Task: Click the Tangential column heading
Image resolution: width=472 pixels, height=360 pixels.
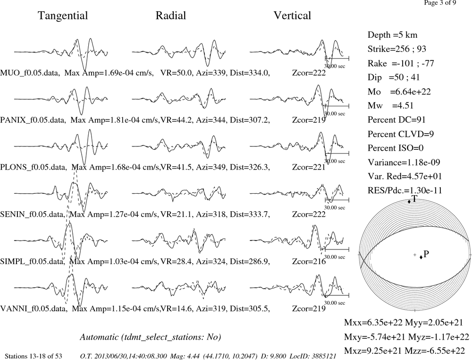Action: click(63, 16)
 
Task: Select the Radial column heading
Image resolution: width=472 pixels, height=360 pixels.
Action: click(171, 16)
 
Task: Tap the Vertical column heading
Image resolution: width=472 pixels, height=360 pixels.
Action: click(292, 16)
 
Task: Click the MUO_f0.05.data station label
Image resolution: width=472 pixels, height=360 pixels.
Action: click(29, 73)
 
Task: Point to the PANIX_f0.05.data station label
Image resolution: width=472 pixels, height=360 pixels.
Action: click(33, 120)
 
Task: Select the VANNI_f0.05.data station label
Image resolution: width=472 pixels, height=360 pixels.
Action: click(33, 309)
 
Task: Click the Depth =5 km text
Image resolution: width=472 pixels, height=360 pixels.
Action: click(393, 35)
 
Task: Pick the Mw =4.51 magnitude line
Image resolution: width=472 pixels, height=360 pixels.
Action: click(391, 106)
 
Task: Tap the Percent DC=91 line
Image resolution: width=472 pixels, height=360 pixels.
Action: click(397, 120)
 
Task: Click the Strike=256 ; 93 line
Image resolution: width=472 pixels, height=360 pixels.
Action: click(397, 49)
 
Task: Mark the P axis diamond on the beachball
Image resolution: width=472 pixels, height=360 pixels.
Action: click(421, 257)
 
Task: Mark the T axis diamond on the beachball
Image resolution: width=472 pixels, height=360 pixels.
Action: click(409, 202)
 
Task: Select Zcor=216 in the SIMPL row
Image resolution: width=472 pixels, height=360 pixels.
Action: click(309, 261)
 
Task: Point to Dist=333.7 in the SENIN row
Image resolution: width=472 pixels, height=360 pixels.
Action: click(250, 214)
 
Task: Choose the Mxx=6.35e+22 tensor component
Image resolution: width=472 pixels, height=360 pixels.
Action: click(373, 323)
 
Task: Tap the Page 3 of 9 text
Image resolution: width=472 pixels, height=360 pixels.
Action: click(440, 3)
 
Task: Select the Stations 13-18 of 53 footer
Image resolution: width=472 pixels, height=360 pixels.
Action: click(34, 356)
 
